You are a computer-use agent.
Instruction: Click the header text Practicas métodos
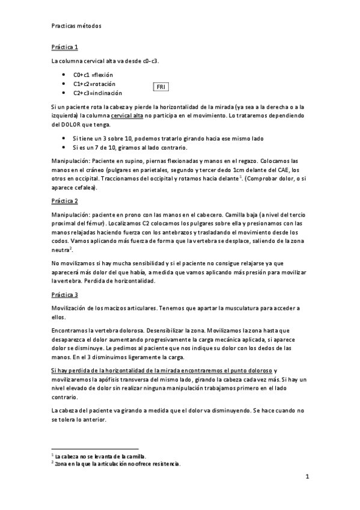click(x=76, y=26)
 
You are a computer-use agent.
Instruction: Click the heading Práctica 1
click(x=64, y=47)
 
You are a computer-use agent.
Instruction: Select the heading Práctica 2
click(x=64, y=200)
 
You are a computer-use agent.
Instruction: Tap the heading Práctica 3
click(x=64, y=295)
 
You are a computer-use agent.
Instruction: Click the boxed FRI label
click(x=160, y=87)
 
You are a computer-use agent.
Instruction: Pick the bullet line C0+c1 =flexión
click(x=93, y=75)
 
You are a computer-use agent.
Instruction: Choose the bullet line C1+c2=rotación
click(x=94, y=84)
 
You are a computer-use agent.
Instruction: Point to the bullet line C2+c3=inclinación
click(x=97, y=93)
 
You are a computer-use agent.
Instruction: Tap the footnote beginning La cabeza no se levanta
click(x=100, y=456)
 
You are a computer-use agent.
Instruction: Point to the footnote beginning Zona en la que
click(x=117, y=464)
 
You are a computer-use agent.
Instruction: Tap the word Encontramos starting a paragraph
click(x=72, y=331)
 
